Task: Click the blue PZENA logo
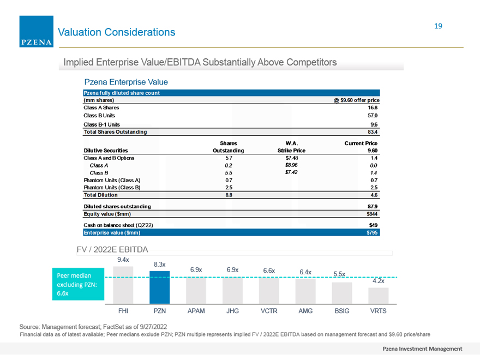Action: tap(37, 32)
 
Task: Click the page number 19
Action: tap(438, 26)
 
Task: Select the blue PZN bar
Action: tap(159, 287)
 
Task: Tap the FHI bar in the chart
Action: tap(123, 285)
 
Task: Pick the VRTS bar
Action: tap(379, 296)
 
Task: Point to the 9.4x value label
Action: tap(123, 260)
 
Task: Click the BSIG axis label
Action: tap(342, 311)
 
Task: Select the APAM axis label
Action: tap(196, 311)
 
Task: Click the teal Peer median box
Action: tap(78, 284)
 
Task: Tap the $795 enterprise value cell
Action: tap(372, 233)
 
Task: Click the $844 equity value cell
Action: tap(372, 214)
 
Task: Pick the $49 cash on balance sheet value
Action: tap(373, 225)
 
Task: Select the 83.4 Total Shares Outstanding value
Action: tap(373, 132)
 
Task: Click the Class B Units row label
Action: tap(99, 116)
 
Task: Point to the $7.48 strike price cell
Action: tap(291, 158)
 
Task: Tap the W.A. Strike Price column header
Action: tap(291, 147)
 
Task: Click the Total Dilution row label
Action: tap(101, 195)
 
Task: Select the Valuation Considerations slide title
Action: tap(117, 32)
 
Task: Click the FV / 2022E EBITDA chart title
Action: tap(112, 249)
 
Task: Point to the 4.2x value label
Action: tap(379, 281)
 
